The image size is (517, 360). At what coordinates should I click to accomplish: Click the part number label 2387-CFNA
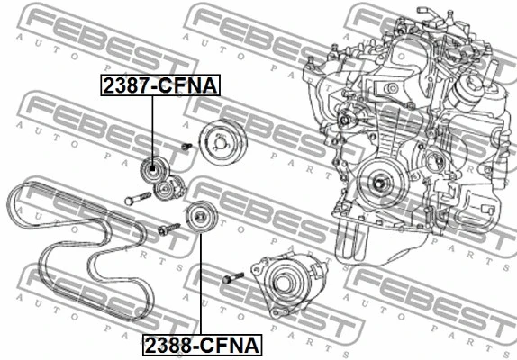click(160, 85)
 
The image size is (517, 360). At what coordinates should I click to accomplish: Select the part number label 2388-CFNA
click(202, 345)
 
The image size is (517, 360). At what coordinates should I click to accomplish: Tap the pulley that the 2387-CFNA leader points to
click(152, 169)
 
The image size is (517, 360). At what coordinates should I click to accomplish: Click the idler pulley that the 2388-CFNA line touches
click(201, 216)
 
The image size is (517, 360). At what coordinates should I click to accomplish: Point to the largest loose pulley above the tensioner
click(222, 142)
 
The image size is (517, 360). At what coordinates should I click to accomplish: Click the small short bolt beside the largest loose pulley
click(186, 146)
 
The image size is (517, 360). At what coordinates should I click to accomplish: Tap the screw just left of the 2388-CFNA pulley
click(168, 229)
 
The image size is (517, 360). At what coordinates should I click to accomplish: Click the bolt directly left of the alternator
click(233, 278)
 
